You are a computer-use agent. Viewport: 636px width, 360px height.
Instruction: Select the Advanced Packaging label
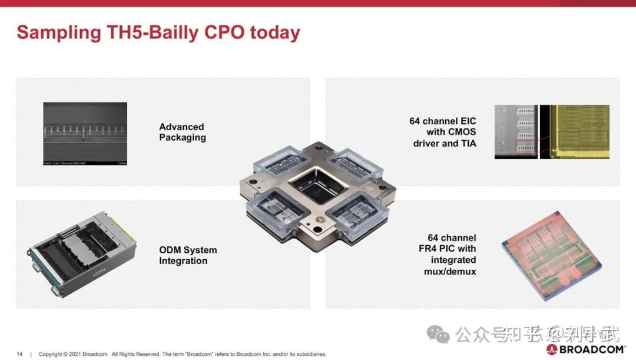pyautogui.click(x=183, y=132)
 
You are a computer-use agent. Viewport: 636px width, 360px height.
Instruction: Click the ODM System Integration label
pyautogui.click(x=187, y=255)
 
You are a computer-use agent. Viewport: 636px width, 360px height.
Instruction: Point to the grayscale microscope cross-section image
pyautogui.click(x=85, y=134)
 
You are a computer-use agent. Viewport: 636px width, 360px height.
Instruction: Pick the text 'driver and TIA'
pyautogui.click(x=444, y=143)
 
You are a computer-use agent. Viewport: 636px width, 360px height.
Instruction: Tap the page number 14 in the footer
pyautogui.click(x=19, y=354)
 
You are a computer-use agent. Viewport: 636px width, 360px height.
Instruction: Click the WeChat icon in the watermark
pyautogui.click(x=439, y=335)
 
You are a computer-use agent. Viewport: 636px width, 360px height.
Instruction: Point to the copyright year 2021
pyautogui.click(x=72, y=354)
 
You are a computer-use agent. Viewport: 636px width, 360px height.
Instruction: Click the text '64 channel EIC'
pyautogui.click(x=443, y=121)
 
